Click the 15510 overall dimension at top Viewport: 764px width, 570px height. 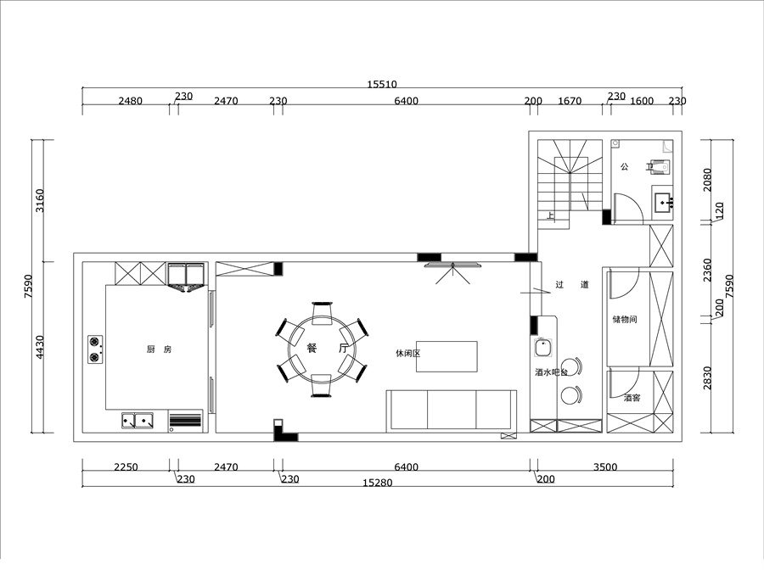tap(382, 84)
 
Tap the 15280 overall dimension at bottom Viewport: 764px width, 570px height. tap(378, 483)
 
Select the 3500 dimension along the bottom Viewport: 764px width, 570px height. tap(605, 467)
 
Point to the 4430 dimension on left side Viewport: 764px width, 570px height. tap(40, 347)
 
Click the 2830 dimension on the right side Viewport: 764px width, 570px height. tap(707, 377)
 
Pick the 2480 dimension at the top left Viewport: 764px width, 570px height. tap(131, 101)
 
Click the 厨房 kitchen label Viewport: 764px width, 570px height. tap(159, 349)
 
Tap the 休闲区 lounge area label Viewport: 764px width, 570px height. tap(407, 354)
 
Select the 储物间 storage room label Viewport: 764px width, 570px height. tap(625, 319)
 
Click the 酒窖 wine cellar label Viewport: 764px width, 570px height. tap(632, 398)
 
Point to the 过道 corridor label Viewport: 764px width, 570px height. tap(572, 284)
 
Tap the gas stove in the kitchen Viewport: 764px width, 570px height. tap(95, 349)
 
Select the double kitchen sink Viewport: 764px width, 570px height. tap(138, 421)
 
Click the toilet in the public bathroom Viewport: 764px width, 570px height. tap(660, 166)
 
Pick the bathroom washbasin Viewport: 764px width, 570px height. tap(664, 203)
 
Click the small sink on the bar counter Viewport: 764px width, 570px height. tap(542, 348)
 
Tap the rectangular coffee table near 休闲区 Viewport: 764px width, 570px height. tap(447, 357)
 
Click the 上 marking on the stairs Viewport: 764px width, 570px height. tap(550, 215)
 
